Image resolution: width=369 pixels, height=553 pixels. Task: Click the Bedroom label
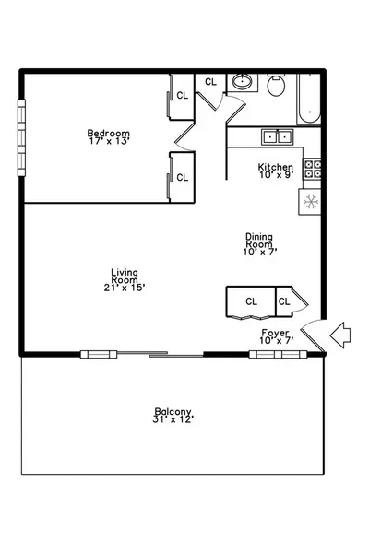[109, 134]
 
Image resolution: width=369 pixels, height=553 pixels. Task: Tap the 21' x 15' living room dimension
[125, 288]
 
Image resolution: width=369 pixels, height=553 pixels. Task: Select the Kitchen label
[276, 167]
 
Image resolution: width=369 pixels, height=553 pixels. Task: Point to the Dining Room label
[259, 240]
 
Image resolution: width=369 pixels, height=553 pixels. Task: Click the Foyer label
[276, 333]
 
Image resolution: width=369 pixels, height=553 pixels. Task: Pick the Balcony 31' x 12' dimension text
[173, 419]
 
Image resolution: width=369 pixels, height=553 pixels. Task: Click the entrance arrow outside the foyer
[340, 335]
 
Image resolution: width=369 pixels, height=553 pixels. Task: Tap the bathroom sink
[242, 82]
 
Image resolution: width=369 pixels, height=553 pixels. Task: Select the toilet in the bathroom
[276, 85]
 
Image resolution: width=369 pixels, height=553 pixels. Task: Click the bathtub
[309, 99]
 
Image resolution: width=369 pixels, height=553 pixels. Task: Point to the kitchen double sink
[277, 136]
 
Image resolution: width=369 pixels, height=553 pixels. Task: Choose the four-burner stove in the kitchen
[313, 170]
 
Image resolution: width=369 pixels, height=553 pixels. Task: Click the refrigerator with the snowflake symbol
[310, 202]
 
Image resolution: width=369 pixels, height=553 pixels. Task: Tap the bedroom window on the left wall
[21, 137]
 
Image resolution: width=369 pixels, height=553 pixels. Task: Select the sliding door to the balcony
[160, 354]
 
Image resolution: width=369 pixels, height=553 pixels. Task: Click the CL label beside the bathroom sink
[211, 82]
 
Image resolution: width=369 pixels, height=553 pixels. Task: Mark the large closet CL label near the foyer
[252, 301]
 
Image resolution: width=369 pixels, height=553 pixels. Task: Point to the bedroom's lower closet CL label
[183, 177]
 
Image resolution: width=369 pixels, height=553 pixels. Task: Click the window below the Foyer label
[278, 354]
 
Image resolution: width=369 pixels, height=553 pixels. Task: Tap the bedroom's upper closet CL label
[183, 95]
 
